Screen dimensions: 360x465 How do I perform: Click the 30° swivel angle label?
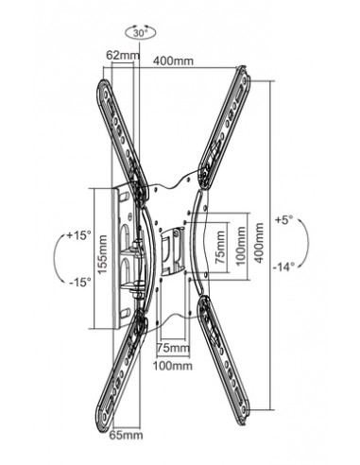coord(140,33)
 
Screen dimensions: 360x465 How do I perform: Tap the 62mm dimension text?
coord(123,55)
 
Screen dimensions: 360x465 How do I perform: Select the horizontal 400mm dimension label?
coord(173,60)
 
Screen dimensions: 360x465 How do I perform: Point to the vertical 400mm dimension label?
coord(259,243)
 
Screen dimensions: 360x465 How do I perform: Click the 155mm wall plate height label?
coord(102,254)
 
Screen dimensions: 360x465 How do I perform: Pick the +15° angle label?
coord(78,235)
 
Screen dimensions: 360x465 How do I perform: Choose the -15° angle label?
coord(80,282)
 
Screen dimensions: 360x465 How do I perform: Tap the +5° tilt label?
coord(284,219)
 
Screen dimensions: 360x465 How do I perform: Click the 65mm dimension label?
coord(126,435)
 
